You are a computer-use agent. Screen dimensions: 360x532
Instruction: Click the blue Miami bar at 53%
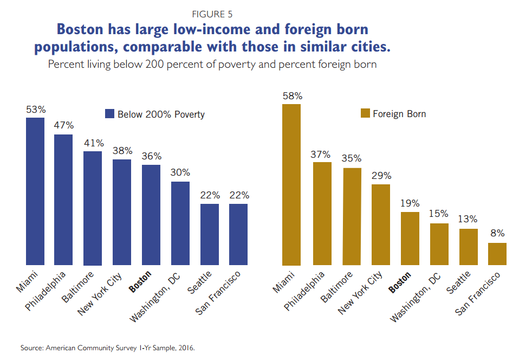(35, 191)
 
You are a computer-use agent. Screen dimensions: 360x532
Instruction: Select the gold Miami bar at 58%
(291, 184)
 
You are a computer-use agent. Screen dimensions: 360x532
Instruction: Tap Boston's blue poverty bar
(151, 215)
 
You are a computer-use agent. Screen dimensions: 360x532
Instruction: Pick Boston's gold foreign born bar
(410, 239)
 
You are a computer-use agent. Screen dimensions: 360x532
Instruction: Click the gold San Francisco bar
(497, 254)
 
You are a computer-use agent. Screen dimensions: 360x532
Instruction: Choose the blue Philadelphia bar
(63, 200)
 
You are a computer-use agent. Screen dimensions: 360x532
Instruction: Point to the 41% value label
(93, 144)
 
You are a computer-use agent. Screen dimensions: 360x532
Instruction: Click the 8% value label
(497, 234)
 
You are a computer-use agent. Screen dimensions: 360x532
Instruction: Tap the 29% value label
(381, 176)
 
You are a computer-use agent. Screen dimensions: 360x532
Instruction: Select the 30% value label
(180, 173)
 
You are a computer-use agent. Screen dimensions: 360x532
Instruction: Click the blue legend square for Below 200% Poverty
(109, 114)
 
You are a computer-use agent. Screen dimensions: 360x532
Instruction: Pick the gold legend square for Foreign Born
(365, 114)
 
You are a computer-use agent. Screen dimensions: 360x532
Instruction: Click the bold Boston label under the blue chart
(140, 282)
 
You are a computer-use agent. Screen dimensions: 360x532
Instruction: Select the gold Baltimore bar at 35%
(352, 216)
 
